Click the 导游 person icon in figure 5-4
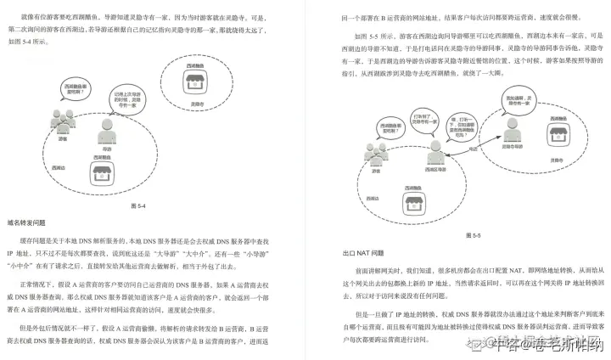tap(107, 130)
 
